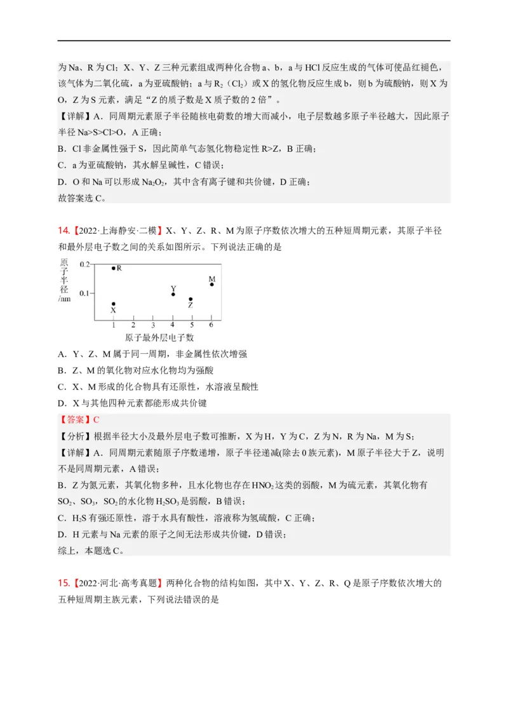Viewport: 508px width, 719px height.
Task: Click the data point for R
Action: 114,268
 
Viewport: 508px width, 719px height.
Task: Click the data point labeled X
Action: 114,304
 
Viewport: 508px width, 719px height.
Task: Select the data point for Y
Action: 173,294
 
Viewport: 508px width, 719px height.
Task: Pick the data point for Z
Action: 191,299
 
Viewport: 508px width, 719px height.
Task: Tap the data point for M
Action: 211,284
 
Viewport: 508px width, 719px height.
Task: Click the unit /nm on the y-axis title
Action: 65,298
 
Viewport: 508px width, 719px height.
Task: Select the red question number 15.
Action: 63,582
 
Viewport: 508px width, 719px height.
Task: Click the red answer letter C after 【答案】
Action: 97,419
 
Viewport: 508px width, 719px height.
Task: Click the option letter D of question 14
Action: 62,403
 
